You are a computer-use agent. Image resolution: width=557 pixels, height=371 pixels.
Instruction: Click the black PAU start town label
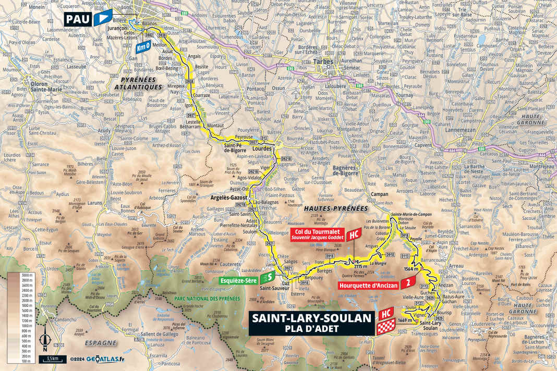tap(78, 20)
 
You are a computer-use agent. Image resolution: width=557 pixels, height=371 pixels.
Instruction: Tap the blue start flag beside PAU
tap(103, 18)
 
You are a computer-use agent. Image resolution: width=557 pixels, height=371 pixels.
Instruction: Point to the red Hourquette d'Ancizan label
tap(369, 285)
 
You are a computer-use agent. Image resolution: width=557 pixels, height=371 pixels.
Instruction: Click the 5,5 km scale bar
tap(52, 359)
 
